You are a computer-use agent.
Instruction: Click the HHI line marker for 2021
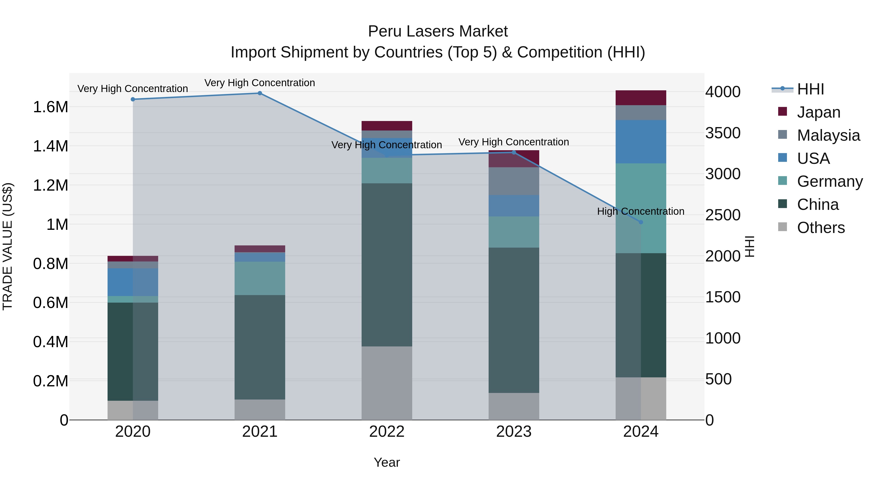coord(260,93)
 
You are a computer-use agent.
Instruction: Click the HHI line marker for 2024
coord(641,222)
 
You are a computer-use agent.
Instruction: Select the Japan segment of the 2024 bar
coord(641,98)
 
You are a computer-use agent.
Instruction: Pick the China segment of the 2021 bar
coord(260,347)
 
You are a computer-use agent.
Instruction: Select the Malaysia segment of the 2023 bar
coord(514,181)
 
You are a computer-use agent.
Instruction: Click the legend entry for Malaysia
coord(828,135)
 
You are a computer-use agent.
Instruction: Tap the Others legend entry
coord(821,228)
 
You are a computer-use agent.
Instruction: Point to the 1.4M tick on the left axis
coord(50,146)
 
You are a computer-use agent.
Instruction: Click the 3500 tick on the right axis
coord(723,133)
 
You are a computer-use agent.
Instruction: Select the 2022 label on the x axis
coord(387,432)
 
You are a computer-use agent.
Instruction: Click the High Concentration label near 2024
coord(641,211)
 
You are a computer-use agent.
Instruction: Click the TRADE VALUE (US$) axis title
coord(8,246)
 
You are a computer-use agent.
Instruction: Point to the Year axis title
coord(387,462)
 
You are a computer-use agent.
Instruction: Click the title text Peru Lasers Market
coord(438,31)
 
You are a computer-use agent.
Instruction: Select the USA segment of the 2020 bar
coord(133,282)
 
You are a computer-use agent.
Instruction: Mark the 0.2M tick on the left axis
coord(50,381)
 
